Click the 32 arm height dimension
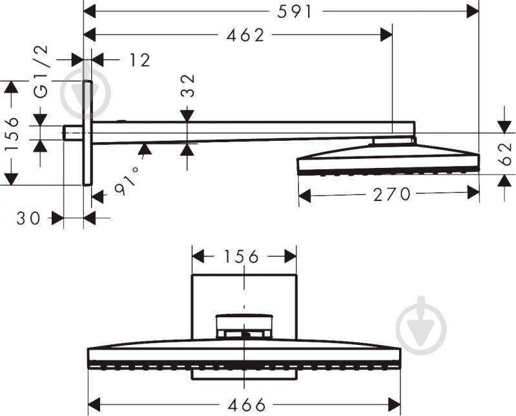pos(187,85)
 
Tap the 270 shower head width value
pos(391,194)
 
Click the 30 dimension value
pos(29,219)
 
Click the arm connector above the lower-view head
pos(243,326)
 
